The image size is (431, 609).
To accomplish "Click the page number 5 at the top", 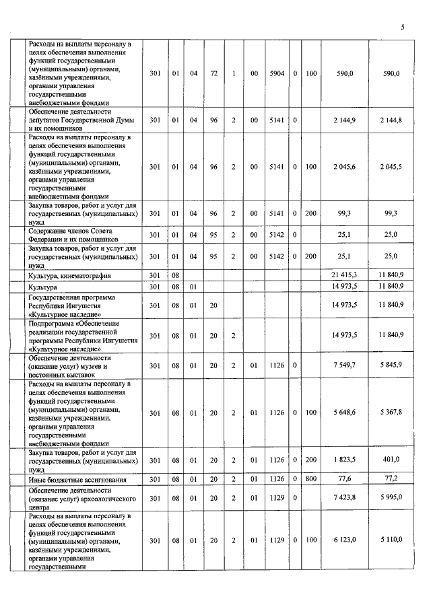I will [402, 28].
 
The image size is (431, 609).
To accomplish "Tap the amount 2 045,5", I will [391, 167].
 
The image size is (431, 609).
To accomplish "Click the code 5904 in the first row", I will [275, 73].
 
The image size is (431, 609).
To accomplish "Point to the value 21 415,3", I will [344, 276].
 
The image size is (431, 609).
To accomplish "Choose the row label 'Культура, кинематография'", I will [69, 276].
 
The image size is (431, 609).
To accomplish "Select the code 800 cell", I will [311, 480].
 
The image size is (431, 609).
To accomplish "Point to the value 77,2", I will [391, 480].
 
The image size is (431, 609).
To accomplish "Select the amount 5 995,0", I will [391, 499].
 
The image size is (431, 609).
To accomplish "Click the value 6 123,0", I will [345, 540].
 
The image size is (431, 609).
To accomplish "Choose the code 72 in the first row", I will [213, 73].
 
